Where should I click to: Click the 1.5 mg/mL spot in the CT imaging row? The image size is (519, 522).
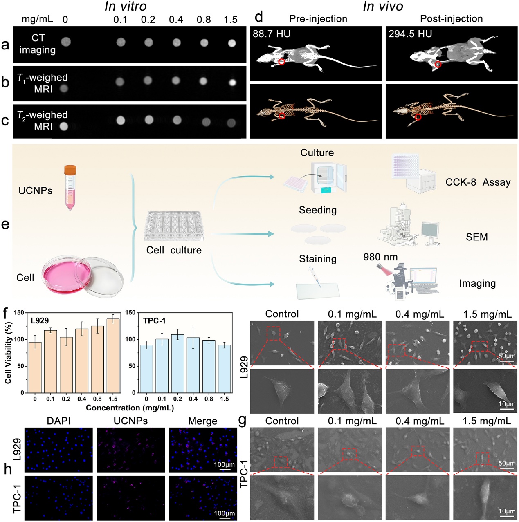pyautogui.click(x=231, y=43)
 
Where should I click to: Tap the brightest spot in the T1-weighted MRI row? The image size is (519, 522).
pyautogui.click(x=232, y=82)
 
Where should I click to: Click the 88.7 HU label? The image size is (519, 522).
pyautogui.click(x=272, y=34)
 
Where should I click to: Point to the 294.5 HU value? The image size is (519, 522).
pyautogui.click(x=410, y=34)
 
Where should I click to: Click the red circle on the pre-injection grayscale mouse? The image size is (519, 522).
pyautogui.click(x=282, y=62)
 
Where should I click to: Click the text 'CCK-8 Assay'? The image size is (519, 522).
pyautogui.click(x=478, y=182)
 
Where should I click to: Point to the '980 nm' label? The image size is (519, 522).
pyautogui.click(x=380, y=257)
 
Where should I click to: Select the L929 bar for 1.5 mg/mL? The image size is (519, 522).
pyautogui.click(x=113, y=356)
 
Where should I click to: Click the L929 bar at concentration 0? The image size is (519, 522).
pyautogui.click(x=35, y=367)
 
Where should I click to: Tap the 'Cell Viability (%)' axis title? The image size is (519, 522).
pyautogui.click(x=8, y=353)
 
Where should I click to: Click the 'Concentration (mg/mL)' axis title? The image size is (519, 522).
pyautogui.click(x=130, y=408)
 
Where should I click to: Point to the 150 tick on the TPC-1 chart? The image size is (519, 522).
pyautogui.click(x=130, y=313)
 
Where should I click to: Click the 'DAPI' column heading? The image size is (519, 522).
pyautogui.click(x=59, y=421)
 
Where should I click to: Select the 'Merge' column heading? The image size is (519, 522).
pyautogui.click(x=203, y=421)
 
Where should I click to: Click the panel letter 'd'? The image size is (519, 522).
pyautogui.click(x=258, y=17)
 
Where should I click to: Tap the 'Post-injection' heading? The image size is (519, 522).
pyautogui.click(x=452, y=19)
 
